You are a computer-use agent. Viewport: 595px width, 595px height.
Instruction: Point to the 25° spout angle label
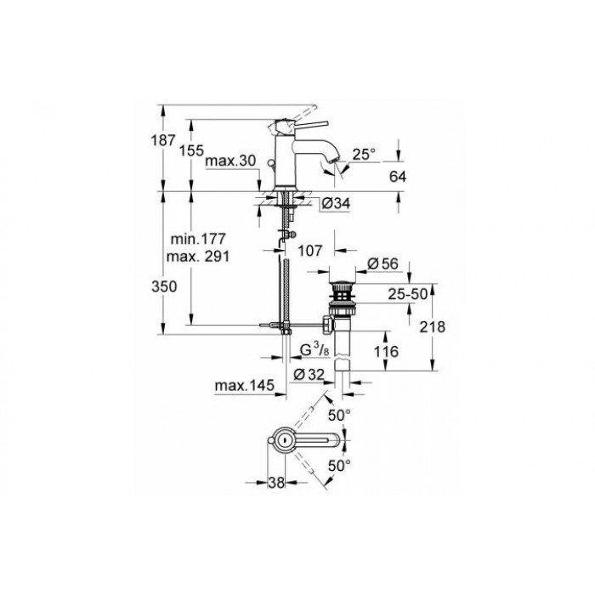pyautogui.click(x=364, y=154)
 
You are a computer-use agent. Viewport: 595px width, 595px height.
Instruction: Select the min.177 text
pyautogui.click(x=203, y=241)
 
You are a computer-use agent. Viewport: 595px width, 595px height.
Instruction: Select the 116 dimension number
pyautogui.click(x=386, y=349)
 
